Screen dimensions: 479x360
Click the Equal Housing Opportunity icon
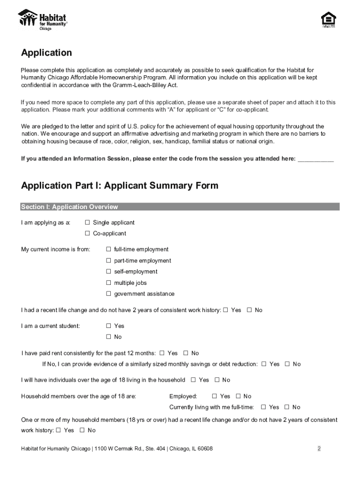pos(328,20)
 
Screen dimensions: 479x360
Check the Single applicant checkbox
pos(87,223)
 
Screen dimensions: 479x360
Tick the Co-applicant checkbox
pos(87,233)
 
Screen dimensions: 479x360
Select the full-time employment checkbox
pos(108,249)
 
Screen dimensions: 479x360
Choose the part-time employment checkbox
pos(108,261)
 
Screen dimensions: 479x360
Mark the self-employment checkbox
pos(108,272)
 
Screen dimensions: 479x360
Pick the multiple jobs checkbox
pos(108,283)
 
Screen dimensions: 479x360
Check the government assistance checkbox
pos(108,294)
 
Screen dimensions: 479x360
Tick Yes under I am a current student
pos(108,326)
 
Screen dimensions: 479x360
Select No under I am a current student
pos(108,337)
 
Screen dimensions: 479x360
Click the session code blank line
pos(316,159)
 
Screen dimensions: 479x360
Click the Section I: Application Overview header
pos(70,207)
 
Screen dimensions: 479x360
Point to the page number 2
pos(319,449)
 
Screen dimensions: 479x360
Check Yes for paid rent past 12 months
pos(162,353)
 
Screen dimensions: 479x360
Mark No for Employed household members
pos(238,396)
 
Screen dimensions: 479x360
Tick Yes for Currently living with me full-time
pos(263,407)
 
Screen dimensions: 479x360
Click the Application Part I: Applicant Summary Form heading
pos(120,186)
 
